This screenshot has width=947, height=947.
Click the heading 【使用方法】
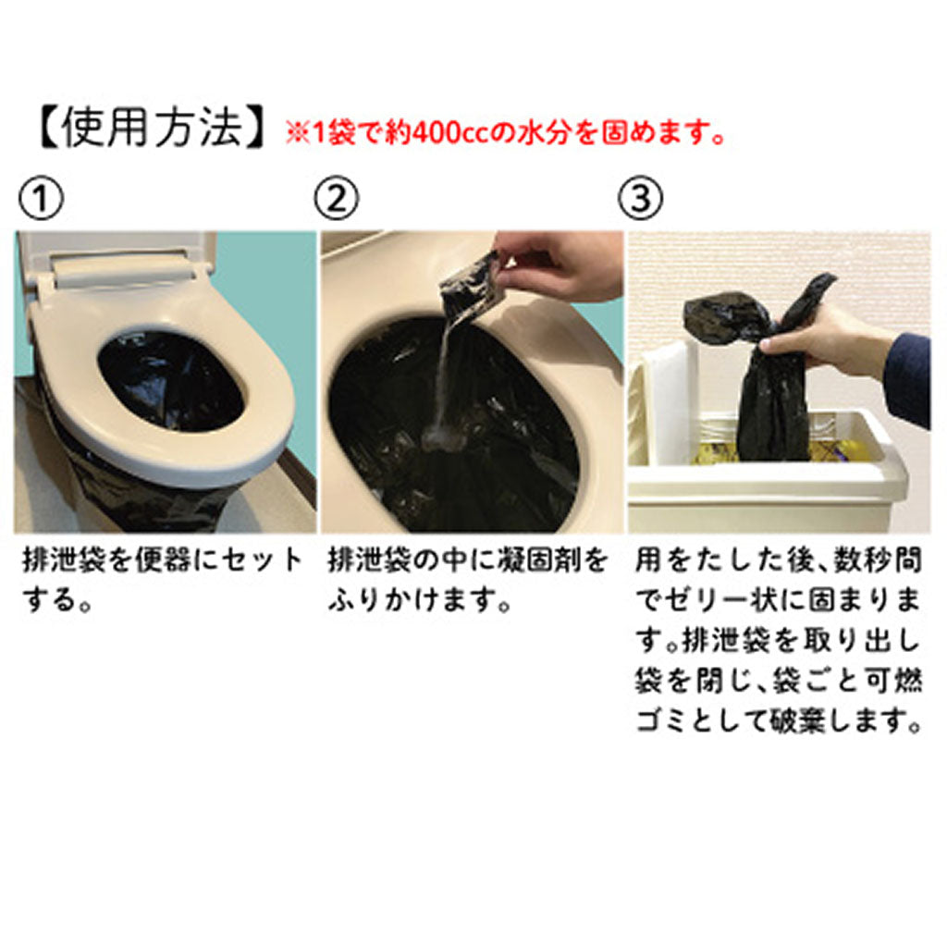(x=153, y=128)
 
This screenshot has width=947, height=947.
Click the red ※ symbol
(x=297, y=133)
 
